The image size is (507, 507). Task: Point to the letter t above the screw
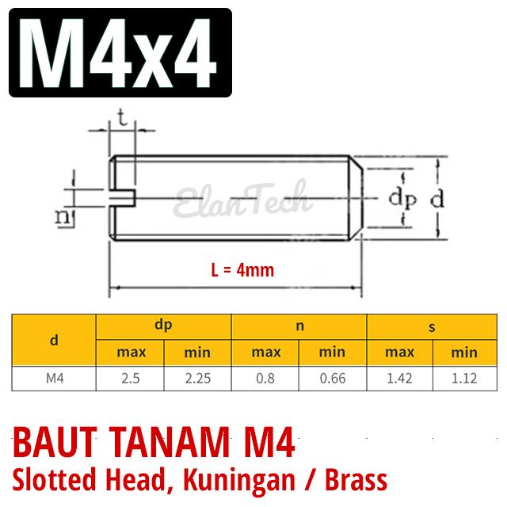tap(122, 118)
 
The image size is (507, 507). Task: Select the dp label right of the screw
tap(402, 199)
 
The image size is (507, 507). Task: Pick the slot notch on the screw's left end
tap(124, 192)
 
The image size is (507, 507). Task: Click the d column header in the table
tap(53, 340)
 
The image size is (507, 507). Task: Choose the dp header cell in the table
tap(164, 325)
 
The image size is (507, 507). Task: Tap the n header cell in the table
tap(299, 325)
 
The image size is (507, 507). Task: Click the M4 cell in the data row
tap(53, 378)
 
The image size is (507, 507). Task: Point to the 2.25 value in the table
tap(197, 378)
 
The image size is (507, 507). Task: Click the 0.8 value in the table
tap(265, 378)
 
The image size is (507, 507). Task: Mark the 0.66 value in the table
tap(333, 378)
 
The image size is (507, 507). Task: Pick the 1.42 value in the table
tap(398, 378)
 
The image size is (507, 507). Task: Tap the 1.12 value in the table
tap(463, 378)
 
